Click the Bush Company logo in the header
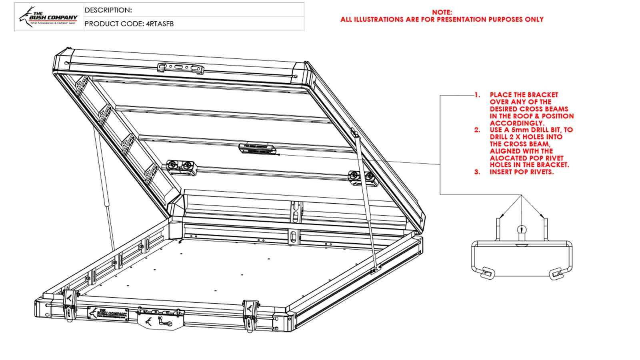coord(48,17)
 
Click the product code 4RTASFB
coord(160,24)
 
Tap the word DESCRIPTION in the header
coord(108,10)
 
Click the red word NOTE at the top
coord(442,12)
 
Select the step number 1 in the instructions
coord(477,95)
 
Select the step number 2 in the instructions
coord(477,130)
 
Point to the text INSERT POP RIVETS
coord(522,172)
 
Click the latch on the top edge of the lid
coord(180,68)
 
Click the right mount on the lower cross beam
coord(363,178)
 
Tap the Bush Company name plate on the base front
coord(108,314)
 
